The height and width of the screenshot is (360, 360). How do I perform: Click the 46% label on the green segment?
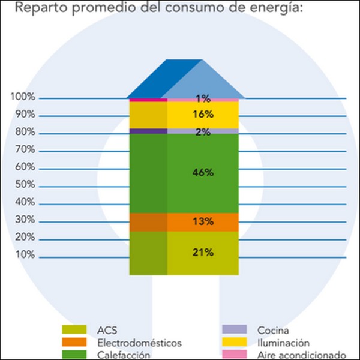click(203, 173)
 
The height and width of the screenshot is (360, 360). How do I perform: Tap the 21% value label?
click(203, 253)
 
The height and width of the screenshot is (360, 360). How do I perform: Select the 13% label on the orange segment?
click(203, 221)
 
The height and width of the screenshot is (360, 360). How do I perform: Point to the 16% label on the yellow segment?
click(203, 115)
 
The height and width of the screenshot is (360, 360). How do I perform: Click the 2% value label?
click(203, 132)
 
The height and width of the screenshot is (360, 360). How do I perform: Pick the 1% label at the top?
click(203, 98)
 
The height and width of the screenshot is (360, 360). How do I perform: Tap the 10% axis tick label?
click(25, 255)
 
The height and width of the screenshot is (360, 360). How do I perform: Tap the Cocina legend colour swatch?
click(234, 329)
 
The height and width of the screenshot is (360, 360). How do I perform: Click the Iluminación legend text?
click(283, 343)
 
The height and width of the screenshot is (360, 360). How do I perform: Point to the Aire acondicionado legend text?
click(302, 355)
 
